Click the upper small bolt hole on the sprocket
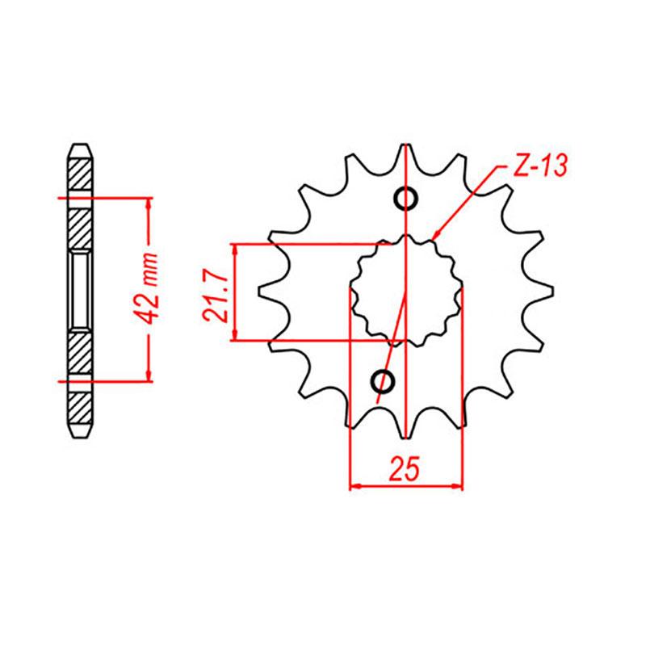point(406,199)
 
